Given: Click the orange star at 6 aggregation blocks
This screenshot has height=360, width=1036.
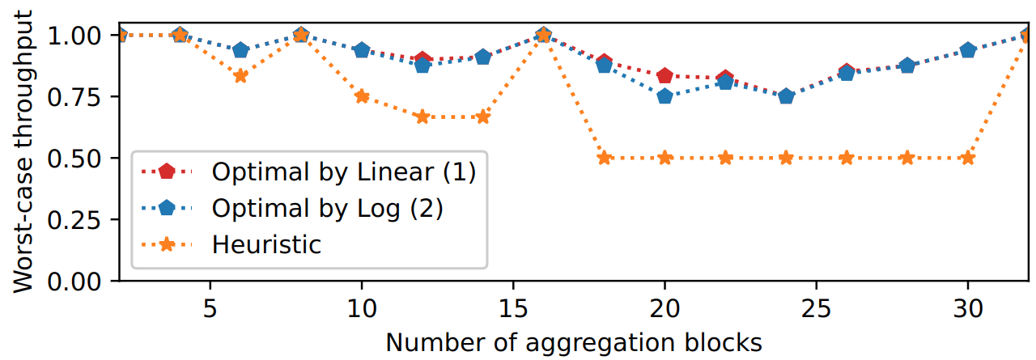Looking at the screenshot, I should pyautogui.click(x=240, y=76).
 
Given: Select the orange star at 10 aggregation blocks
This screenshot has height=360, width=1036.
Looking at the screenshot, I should pyautogui.click(x=362, y=96).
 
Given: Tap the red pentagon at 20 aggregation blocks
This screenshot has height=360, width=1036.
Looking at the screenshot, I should pyautogui.click(x=664, y=76).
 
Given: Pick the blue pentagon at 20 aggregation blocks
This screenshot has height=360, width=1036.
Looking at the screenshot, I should pyautogui.click(x=664, y=96).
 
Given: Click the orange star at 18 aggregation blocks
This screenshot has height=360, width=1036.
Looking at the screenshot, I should pyautogui.click(x=604, y=158).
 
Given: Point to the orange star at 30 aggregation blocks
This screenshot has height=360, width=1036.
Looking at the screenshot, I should pyautogui.click(x=967, y=158).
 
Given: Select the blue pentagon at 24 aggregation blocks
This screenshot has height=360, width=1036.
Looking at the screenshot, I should pyautogui.click(x=786, y=96).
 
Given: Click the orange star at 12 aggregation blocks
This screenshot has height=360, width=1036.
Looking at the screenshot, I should pyautogui.click(x=422, y=116).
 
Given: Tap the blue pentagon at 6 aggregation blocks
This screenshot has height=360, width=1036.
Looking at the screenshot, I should pyautogui.click(x=240, y=50).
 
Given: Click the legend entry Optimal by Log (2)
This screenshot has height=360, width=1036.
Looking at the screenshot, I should pyautogui.click(x=327, y=208).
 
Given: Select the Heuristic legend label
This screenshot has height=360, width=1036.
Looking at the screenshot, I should pyautogui.click(x=266, y=244).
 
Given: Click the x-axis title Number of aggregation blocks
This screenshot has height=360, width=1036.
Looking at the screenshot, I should pyautogui.click(x=574, y=343).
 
